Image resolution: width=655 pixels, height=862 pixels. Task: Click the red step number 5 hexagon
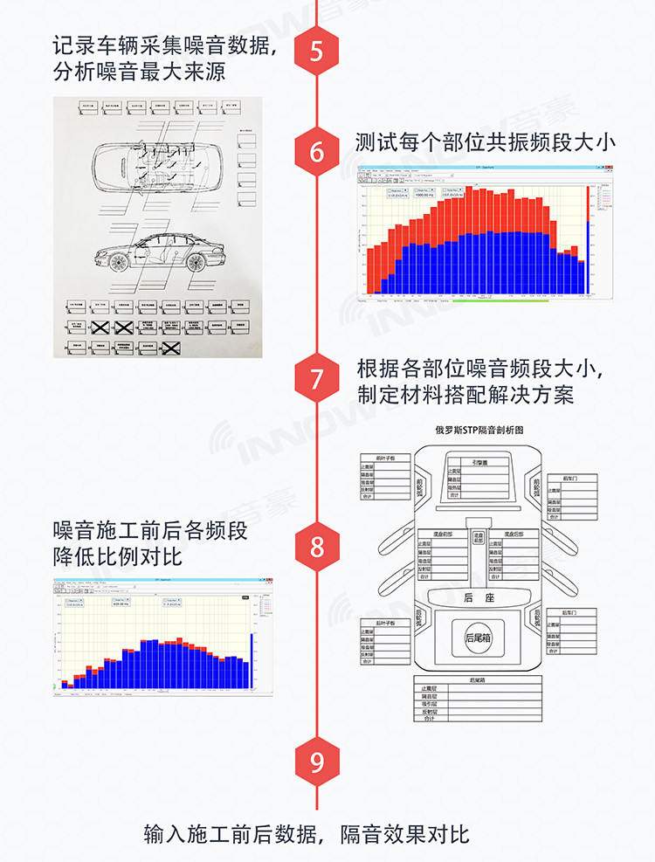click(x=316, y=51)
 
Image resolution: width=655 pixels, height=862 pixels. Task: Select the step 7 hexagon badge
click(x=316, y=379)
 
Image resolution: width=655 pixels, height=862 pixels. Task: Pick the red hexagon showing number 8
click(x=316, y=547)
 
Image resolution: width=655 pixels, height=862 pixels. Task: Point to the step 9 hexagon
click(x=316, y=762)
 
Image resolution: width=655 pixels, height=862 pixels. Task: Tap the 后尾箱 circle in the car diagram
click(x=478, y=637)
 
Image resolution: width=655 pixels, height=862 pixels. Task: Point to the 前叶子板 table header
click(x=385, y=457)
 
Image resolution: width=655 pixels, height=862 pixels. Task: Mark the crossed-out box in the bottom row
click(x=172, y=348)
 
